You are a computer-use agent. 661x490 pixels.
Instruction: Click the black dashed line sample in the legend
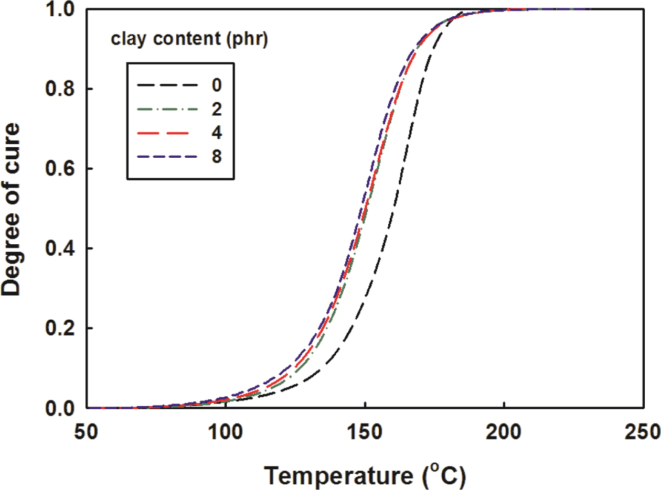tap(168, 84)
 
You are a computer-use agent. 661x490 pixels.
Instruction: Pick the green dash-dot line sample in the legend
tap(168, 109)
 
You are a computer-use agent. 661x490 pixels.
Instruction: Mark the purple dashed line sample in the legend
tap(168, 157)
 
